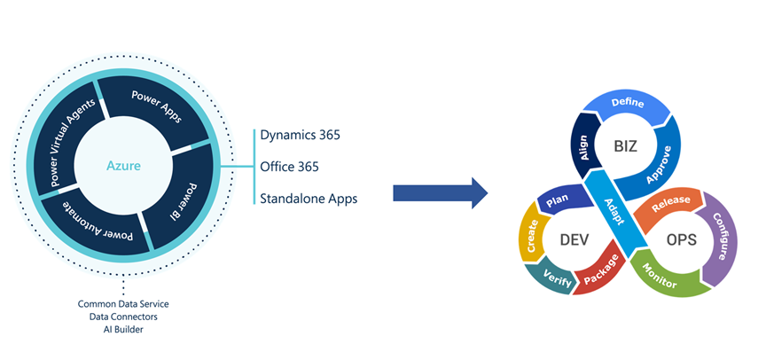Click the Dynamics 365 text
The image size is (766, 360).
click(301, 136)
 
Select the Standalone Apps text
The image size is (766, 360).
click(309, 198)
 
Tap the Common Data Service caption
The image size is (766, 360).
click(122, 304)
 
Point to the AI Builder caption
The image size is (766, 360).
click(122, 329)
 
